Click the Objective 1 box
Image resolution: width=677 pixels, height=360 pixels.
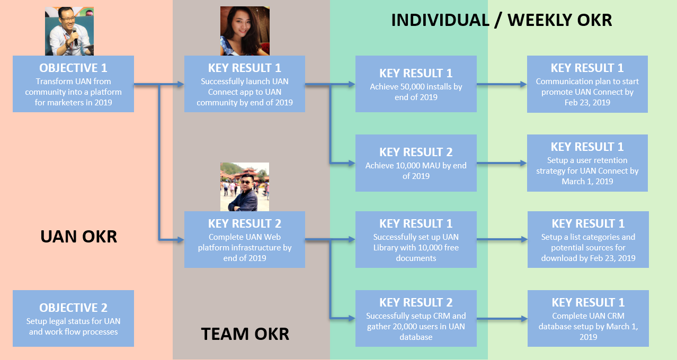click(73, 84)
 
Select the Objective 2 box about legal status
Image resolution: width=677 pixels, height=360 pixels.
click(73, 318)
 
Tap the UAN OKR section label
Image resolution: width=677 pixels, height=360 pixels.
click(78, 236)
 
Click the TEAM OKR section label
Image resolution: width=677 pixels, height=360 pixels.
click(245, 334)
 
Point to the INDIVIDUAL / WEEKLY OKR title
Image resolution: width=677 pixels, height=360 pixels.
click(501, 20)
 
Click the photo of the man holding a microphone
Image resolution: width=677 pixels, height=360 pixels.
click(69, 31)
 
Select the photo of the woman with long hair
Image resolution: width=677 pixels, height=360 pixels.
click(245, 31)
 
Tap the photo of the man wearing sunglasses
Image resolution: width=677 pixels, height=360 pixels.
click(245, 187)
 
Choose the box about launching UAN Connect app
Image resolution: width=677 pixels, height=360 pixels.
click(245, 84)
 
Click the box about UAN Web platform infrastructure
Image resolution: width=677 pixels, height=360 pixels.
click(245, 239)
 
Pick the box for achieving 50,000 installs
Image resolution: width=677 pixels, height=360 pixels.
click(416, 84)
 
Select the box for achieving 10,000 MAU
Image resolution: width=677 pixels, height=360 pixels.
click(416, 163)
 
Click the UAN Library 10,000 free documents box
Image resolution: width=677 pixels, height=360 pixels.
click(416, 239)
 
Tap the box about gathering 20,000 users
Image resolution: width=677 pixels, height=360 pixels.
click(416, 318)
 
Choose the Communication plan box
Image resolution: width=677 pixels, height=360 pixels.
click(587, 84)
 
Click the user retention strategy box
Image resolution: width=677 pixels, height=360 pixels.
click(587, 163)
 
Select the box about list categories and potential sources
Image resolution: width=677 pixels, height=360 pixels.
click(588, 239)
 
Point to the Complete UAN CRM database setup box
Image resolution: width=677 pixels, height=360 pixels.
click(588, 318)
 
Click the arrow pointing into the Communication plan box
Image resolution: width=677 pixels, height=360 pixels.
click(503, 84)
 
